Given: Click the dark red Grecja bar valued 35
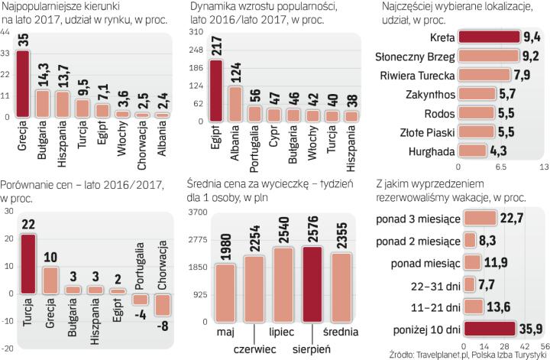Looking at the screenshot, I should tap(24, 84).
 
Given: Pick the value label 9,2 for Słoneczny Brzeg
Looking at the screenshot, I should tap(530, 57).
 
